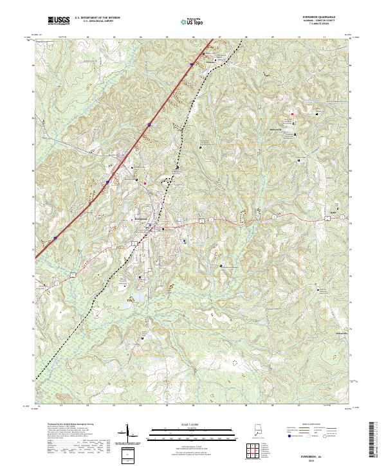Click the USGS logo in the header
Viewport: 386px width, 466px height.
(x=59, y=21)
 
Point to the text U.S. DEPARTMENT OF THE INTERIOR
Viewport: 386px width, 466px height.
(x=97, y=18)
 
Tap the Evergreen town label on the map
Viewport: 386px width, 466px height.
(x=141, y=218)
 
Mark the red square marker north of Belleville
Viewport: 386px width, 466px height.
(x=291, y=114)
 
